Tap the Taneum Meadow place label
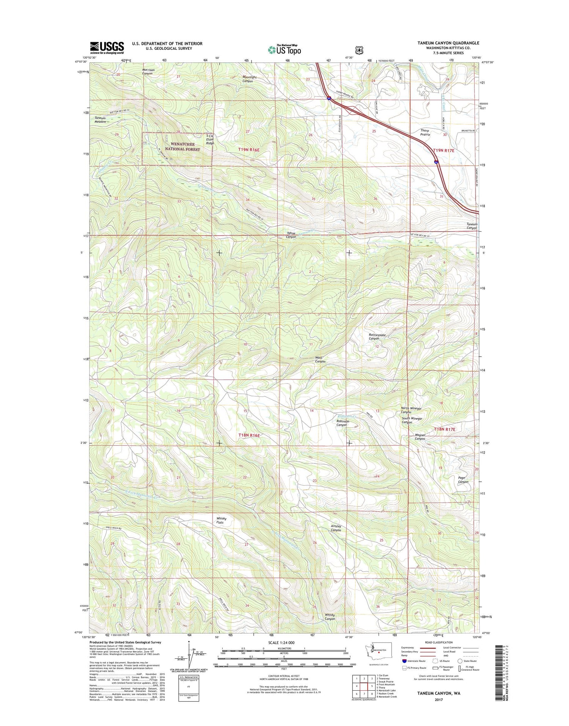click(100, 120)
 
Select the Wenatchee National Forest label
click(182, 147)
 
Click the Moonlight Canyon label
click(249, 79)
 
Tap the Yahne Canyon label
click(291, 235)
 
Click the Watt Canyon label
click(320, 359)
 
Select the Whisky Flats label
click(221, 520)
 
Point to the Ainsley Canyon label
click(336, 528)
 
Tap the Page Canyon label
click(463, 480)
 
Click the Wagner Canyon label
click(420, 437)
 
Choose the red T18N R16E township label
click(249, 435)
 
